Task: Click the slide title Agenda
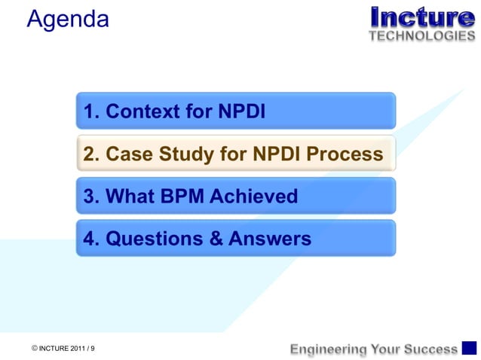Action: [x=68, y=20]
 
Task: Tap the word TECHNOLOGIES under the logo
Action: [x=422, y=35]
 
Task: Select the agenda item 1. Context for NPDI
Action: [x=235, y=111]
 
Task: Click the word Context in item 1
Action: [x=147, y=111]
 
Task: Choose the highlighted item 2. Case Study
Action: [x=235, y=154]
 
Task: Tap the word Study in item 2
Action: [x=185, y=154]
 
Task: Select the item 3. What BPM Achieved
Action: [x=235, y=197]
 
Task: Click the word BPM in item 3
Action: [x=181, y=197]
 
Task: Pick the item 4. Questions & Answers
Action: [x=235, y=239]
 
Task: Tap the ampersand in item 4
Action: [x=216, y=239]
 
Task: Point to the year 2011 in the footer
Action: [x=78, y=348]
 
